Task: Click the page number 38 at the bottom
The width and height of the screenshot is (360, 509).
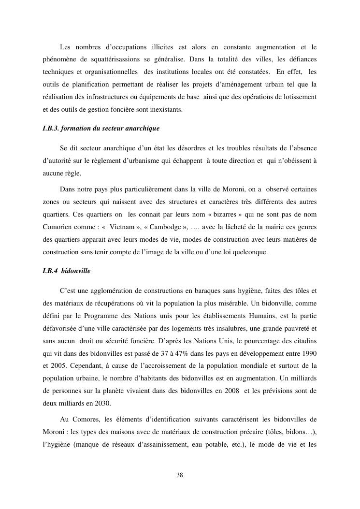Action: pyautogui.click(x=180, y=475)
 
